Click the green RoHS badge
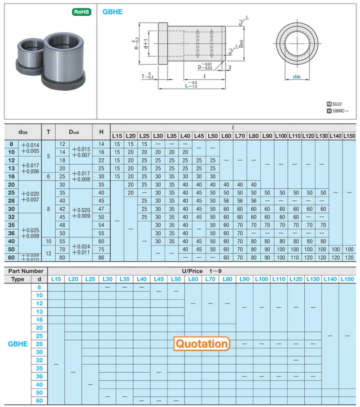click(x=81, y=12)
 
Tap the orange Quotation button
click(x=202, y=344)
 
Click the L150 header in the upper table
click(x=349, y=136)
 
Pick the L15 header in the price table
click(x=56, y=279)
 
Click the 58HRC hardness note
click(x=341, y=110)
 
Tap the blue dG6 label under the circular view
click(x=297, y=77)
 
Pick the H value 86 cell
click(x=101, y=258)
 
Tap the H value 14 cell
click(x=101, y=144)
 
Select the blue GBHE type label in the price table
click(x=18, y=344)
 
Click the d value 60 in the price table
click(x=39, y=401)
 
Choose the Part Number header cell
click(x=26, y=271)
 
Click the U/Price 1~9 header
click(x=202, y=271)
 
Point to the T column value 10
click(x=48, y=241)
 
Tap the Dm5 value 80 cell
click(x=62, y=258)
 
